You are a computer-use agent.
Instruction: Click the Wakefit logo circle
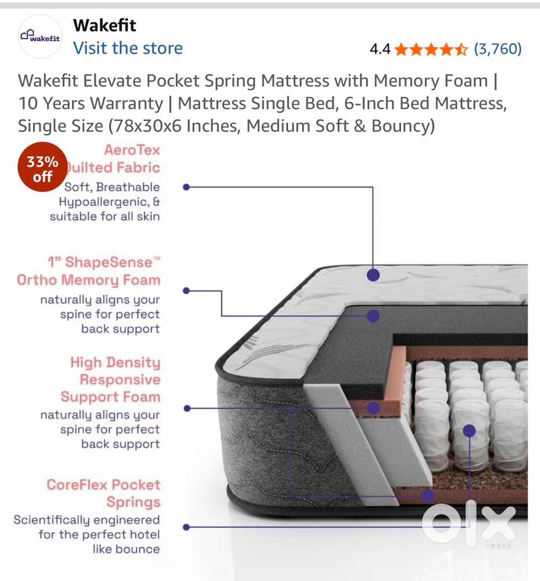click(40, 36)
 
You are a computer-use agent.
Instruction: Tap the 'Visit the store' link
click(128, 48)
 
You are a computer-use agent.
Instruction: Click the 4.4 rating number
click(380, 49)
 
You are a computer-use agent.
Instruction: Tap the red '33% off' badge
click(42, 167)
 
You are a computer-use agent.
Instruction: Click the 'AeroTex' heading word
click(132, 149)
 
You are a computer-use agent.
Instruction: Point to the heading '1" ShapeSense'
click(103, 262)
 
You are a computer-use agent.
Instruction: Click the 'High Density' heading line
click(115, 362)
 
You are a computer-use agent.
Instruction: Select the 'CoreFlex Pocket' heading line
click(103, 484)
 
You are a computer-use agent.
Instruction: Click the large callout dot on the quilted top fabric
click(373, 275)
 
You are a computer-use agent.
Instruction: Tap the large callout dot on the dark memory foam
click(373, 316)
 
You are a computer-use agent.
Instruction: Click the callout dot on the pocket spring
click(469, 430)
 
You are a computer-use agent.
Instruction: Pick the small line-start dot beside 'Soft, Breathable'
click(186, 187)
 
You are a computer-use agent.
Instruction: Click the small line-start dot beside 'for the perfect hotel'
click(186, 527)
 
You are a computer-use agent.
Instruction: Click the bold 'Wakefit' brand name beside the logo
click(105, 25)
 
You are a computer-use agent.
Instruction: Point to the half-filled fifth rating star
click(462, 49)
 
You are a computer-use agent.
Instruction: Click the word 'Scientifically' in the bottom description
click(52, 520)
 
